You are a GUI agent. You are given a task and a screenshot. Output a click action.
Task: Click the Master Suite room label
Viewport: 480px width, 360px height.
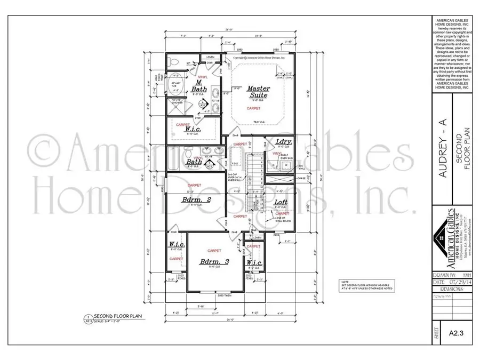point(259,92)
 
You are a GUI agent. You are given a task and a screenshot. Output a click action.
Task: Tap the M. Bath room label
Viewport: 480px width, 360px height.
point(198,86)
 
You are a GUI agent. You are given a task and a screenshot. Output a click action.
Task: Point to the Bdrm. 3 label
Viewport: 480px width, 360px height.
point(214,262)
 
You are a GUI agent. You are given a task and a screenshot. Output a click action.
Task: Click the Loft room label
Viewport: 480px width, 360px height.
point(281,203)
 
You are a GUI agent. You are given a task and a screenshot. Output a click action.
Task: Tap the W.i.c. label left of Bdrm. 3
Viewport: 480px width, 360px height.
point(177,244)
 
